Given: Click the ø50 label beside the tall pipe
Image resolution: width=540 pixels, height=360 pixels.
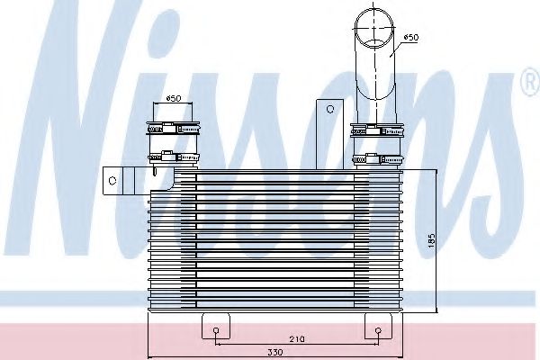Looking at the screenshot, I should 409,37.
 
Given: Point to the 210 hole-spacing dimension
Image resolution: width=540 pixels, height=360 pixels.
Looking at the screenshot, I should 296,337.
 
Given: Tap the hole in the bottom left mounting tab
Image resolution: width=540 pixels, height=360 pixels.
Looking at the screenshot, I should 217,331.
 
